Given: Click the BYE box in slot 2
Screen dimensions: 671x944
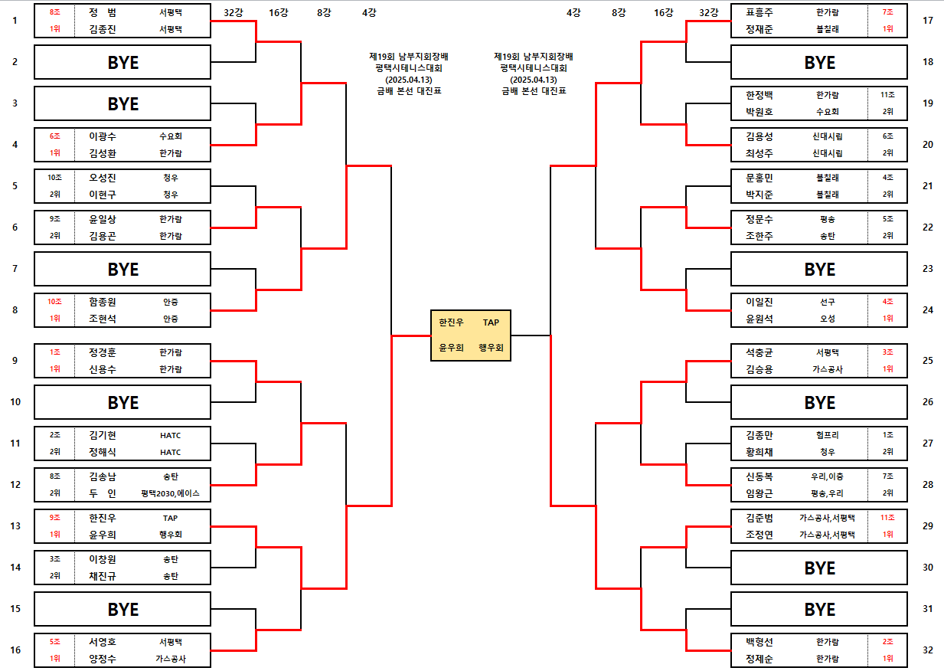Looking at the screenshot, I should (122, 62).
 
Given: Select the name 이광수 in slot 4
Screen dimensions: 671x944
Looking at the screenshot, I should (102, 136).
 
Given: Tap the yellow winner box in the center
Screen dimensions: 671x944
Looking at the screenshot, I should (470, 335).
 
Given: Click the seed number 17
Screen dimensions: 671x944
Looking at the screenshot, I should (928, 21).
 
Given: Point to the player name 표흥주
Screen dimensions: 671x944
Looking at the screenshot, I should (759, 12).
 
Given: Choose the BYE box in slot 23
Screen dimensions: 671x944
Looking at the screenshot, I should (819, 270).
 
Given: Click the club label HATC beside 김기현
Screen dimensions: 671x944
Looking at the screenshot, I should (171, 435).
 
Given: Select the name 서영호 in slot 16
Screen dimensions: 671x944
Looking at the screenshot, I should (102, 642).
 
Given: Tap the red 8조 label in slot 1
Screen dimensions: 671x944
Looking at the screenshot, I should (55, 12).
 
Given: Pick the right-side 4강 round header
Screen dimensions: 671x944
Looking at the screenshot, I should (573, 12).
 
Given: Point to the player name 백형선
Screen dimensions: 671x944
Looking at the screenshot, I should (759, 642).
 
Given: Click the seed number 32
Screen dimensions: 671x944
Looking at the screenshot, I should (928, 650).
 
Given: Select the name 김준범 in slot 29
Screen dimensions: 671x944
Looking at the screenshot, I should (759, 518).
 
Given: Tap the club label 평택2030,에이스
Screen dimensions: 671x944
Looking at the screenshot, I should (171, 493).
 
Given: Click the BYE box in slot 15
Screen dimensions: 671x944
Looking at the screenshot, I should (122, 609).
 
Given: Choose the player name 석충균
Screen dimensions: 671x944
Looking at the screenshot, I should (759, 352).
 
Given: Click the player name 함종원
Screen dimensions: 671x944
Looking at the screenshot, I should (102, 302).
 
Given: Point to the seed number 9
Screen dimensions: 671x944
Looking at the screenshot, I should (15, 361).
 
